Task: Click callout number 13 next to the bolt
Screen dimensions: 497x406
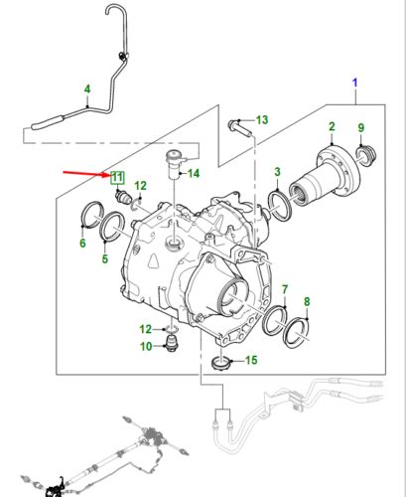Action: pos(261,120)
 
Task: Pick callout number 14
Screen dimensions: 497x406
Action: pos(194,174)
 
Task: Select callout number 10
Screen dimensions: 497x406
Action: pos(145,347)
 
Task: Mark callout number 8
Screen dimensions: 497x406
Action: pos(306,301)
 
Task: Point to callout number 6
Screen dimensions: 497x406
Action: pos(83,244)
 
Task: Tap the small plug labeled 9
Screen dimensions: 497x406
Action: pos(363,154)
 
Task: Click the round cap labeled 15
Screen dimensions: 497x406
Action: pos(222,360)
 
